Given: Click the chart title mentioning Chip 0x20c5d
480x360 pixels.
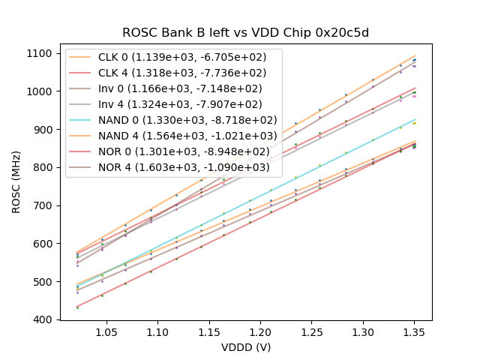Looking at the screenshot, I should point(246,33).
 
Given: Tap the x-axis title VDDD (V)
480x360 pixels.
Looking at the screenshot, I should point(246,347).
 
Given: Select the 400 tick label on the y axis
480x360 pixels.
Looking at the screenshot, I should point(43,319).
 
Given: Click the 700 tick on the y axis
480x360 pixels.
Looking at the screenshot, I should point(43,205).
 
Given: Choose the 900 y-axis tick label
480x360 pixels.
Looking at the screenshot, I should point(43,130).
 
